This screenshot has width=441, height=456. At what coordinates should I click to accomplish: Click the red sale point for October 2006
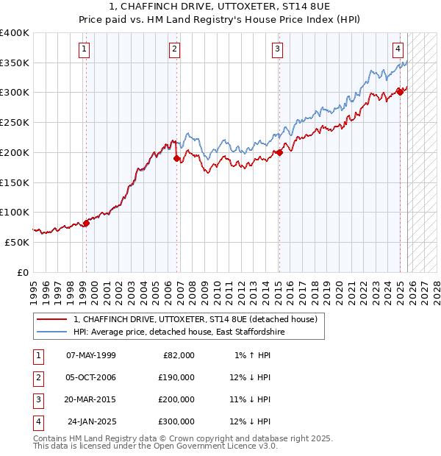pos(177,158)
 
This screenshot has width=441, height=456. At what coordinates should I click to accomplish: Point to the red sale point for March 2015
pos(279,153)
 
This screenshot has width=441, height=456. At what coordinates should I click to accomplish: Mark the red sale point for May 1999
pos(86,223)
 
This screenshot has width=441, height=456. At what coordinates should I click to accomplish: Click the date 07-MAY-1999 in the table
pos(90,355)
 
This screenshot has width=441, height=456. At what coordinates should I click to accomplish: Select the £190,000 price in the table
pos(176,377)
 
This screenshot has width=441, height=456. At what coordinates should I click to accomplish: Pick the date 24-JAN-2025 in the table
pos(91,421)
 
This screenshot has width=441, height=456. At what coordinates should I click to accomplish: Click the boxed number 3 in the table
pos(37,399)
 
